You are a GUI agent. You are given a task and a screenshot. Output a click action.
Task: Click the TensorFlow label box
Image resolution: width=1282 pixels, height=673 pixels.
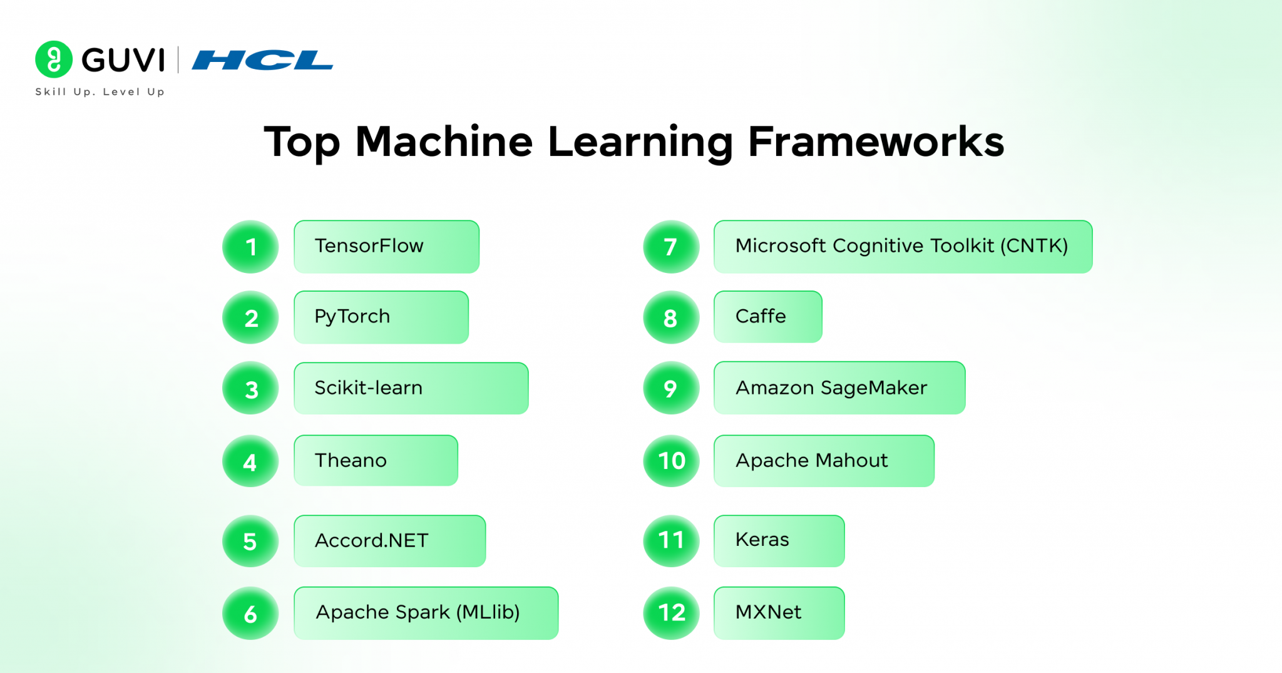click(x=386, y=246)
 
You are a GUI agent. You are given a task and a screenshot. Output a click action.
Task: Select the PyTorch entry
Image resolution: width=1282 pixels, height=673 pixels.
click(x=381, y=317)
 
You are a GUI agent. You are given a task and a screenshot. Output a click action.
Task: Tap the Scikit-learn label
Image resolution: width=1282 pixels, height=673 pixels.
click(x=411, y=388)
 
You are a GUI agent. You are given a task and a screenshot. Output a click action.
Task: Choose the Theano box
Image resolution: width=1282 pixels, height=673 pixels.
click(x=376, y=460)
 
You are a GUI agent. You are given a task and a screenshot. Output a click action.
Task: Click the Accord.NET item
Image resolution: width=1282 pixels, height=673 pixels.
click(x=389, y=541)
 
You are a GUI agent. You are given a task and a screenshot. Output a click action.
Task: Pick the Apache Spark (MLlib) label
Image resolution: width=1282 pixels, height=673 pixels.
click(x=426, y=612)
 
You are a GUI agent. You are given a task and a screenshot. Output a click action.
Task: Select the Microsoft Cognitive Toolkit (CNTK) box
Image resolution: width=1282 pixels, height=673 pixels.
click(x=903, y=246)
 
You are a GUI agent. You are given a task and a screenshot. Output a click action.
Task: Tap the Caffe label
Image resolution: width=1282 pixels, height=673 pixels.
click(x=767, y=317)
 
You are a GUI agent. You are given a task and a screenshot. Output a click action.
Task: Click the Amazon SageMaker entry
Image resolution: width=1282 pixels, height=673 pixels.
click(x=839, y=388)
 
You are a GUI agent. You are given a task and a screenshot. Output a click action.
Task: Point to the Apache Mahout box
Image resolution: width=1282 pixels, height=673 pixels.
click(x=824, y=461)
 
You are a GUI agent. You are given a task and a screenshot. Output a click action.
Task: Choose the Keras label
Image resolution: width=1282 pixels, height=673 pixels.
click(x=779, y=540)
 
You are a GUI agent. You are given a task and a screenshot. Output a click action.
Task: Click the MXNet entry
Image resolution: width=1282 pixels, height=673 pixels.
click(x=779, y=612)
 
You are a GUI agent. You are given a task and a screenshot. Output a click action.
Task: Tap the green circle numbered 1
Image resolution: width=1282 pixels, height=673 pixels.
click(x=250, y=247)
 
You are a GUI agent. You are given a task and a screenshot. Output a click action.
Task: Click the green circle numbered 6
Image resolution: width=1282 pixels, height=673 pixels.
click(x=250, y=614)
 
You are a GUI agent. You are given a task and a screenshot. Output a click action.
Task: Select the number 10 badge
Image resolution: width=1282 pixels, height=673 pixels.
click(x=671, y=461)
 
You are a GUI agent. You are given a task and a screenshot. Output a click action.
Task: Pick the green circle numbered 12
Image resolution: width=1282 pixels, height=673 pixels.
click(x=671, y=612)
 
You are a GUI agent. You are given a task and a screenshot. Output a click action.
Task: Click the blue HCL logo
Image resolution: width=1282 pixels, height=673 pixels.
click(x=262, y=60)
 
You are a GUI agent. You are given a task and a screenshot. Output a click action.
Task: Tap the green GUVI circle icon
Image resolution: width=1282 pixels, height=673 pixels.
click(x=54, y=59)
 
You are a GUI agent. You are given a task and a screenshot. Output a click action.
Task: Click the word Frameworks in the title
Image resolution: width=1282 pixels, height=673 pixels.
click(x=876, y=141)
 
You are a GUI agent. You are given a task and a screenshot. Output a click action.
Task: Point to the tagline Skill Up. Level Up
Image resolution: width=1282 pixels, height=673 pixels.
click(x=100, y=92)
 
